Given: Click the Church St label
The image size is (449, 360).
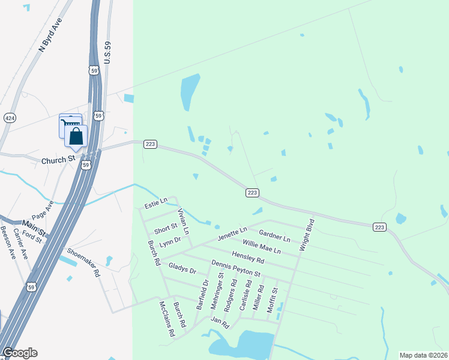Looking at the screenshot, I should click(x=58, y=161).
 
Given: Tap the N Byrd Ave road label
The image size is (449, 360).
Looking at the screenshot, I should click(x=50, y=37).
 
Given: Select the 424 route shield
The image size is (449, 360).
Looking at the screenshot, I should click(x=10, y=118).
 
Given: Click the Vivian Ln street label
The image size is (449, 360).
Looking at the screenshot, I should click(x=183, y=221).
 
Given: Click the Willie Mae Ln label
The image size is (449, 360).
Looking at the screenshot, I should click(x=261, y=246).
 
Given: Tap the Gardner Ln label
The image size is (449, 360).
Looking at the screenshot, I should click(x=274, y=235).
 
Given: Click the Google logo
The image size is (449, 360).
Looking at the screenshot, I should click(x=19, y=353).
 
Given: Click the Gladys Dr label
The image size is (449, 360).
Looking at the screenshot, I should click(x=182, y=267).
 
